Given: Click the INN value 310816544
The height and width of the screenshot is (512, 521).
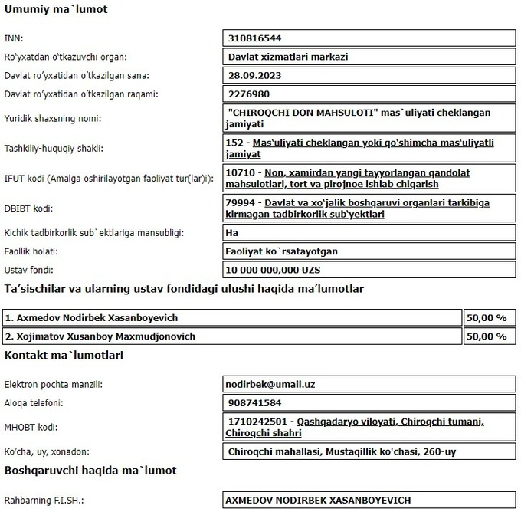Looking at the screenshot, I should pos(256,38).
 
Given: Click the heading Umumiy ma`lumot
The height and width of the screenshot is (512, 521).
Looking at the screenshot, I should pos(56,10).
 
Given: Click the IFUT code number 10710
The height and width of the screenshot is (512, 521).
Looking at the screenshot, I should pos(242,172).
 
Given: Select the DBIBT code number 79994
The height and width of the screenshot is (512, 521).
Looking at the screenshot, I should pos(242,202).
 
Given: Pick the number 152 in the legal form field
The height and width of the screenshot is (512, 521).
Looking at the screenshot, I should pos(237,143).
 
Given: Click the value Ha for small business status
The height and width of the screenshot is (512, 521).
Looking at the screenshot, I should pos(234,231).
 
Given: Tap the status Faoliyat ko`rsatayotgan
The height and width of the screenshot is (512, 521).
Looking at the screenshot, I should pos(283,251).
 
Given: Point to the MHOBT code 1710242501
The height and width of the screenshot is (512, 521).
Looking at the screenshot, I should pos(258,422).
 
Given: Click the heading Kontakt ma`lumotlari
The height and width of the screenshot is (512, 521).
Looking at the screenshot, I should pos(64,355).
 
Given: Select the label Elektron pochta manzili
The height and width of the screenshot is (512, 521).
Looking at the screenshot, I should pos(54,384).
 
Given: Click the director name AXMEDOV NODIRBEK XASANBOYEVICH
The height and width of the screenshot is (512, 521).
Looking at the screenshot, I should pos(319,500).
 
